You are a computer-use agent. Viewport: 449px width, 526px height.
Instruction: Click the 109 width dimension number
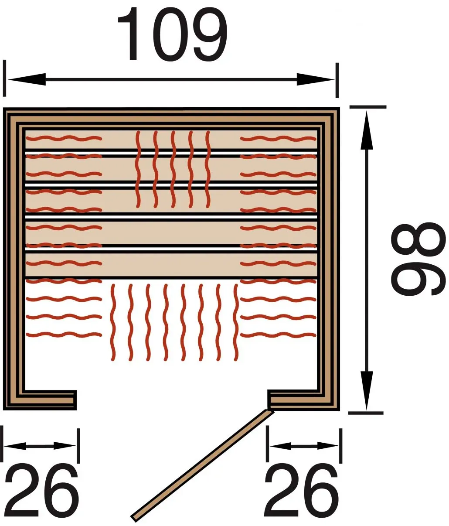pos(172,34)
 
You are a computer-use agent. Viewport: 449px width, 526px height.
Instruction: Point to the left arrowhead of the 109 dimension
pos(27,79)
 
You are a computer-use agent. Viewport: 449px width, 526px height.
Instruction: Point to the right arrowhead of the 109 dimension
pos(316,80)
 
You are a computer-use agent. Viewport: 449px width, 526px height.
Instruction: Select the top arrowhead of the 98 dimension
pos(367,130)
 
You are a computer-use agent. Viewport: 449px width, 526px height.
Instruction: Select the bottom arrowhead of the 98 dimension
pos(366,390)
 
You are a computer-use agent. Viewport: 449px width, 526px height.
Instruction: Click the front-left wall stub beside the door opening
pos(40,400)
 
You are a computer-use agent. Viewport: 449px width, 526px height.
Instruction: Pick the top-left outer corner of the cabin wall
pos(3,108)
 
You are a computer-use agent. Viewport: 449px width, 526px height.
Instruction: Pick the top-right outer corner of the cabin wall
pos(340,108)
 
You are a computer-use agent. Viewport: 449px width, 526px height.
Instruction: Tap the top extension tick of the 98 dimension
pos(368,107)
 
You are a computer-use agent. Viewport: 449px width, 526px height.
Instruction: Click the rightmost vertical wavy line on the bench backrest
pos(208,169)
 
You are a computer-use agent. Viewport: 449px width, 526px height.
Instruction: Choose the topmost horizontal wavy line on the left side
pos(64,138)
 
